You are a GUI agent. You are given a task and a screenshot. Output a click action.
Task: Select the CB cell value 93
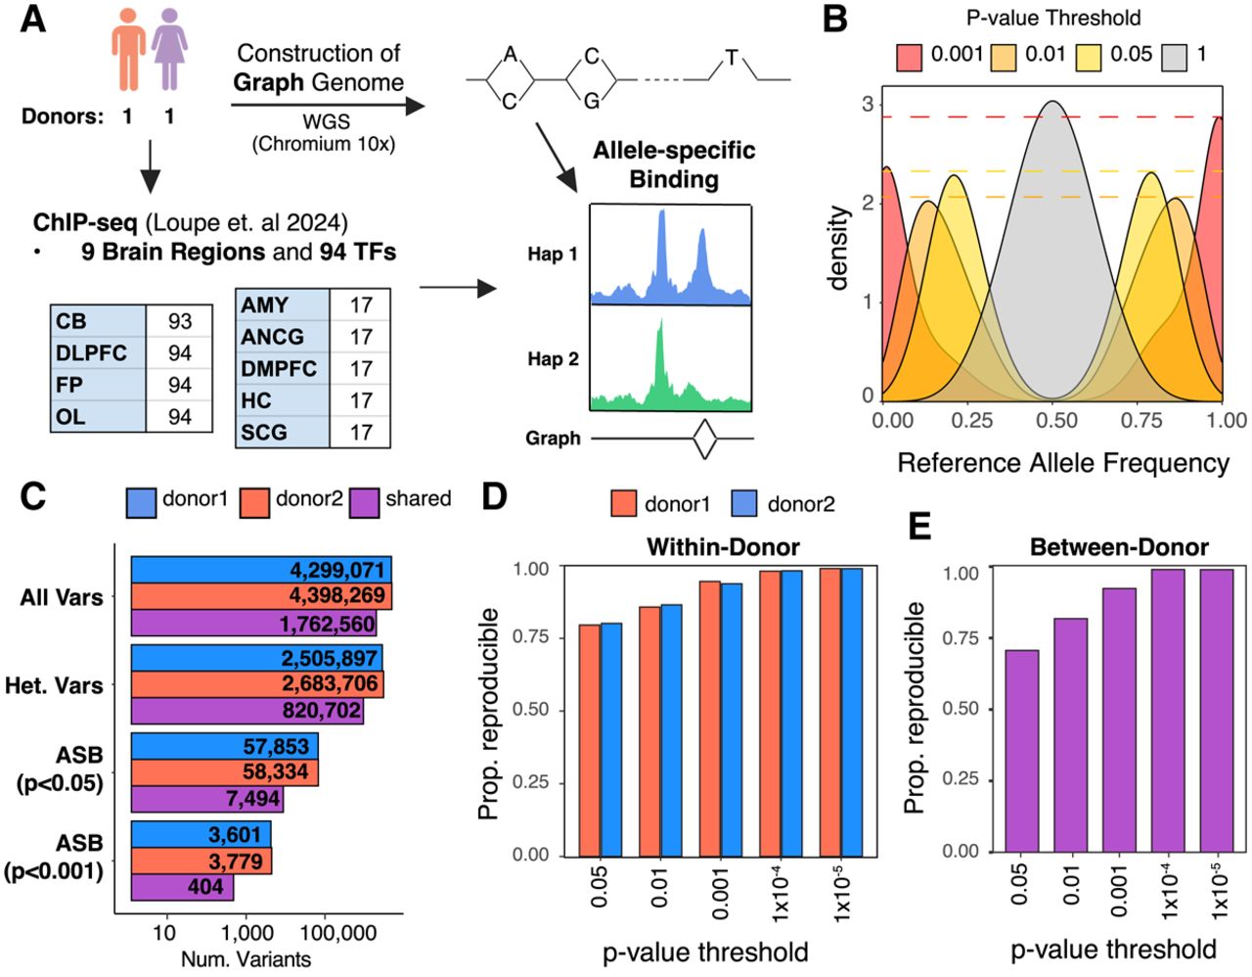(180, 321)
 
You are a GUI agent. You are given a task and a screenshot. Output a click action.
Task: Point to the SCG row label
(264, 432)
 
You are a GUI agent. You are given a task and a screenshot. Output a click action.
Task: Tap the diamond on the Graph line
(704, 439)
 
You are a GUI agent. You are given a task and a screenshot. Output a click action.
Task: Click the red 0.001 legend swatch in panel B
(910, 57)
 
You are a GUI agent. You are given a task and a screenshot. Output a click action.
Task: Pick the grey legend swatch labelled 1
(1174, 57)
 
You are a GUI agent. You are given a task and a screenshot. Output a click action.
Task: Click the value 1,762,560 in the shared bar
(328, 624)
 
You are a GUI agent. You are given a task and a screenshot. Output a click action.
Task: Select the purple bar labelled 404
(182, 887)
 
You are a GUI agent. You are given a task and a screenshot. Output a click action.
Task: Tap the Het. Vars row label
(54, 685)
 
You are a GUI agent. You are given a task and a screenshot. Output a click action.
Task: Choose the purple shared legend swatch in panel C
(365, 502)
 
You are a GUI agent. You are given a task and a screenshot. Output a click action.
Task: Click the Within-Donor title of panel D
(723, 547)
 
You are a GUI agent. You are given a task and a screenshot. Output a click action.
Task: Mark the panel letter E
(920, 528)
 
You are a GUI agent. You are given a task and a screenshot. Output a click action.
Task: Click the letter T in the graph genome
(732, 58)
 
